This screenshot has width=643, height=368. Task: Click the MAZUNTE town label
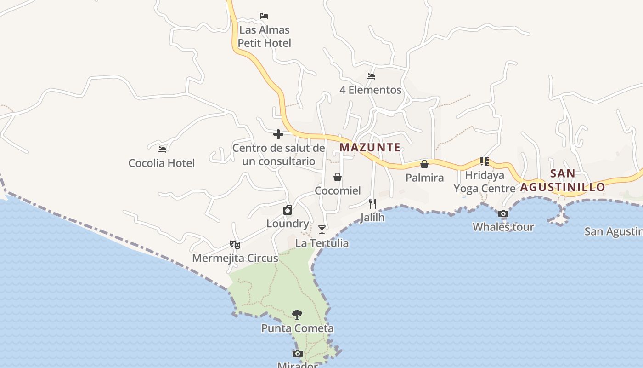[x=370, y=148]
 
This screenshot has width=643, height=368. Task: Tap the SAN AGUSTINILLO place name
[x=563, y=180]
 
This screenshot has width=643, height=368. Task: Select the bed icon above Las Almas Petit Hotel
[x=264, y=16]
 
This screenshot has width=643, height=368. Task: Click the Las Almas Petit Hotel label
[x=265, y=36]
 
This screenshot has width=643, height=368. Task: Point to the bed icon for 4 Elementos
[x=371, y=76]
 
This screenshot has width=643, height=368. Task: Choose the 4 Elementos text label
[x=370, y=90]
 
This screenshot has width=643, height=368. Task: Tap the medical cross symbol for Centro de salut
[x=278, y=134]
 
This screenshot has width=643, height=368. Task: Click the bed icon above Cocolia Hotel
[x=162, y=149]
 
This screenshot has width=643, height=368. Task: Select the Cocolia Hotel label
[x=162, y=163]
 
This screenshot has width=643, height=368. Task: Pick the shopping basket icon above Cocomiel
[x=338, y=177]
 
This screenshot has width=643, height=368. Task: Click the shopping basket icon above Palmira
[x=424, y=164]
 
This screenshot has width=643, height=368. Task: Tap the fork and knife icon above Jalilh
[x=372, y=203]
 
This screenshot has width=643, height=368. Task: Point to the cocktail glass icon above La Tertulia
[x=322, y=229]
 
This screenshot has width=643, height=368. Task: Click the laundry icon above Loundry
[x=288, y=210]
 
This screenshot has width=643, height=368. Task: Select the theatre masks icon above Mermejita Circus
[x=235, y=244]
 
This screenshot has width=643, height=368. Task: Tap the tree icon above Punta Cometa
[x=297, y=315]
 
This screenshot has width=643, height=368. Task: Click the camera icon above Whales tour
[x=503, y=213]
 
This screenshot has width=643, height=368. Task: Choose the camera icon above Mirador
[x=298, y=353]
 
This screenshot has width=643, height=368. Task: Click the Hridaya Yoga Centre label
[x=485, y=182]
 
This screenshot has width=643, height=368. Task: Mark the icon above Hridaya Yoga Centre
[x=485, y=161]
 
